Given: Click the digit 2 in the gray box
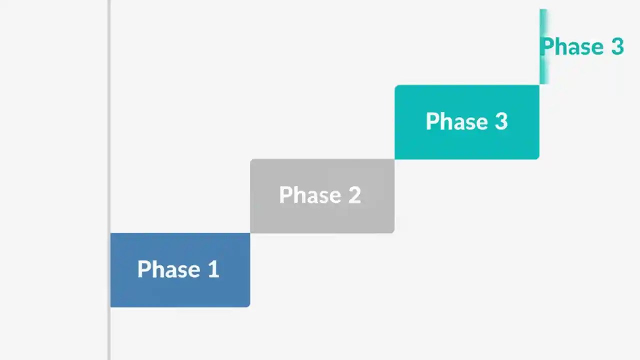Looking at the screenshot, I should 354,195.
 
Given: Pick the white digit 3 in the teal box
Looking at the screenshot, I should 501,121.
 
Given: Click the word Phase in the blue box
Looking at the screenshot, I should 168,269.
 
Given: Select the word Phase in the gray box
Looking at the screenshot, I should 310,195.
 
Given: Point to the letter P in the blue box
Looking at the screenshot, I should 143,269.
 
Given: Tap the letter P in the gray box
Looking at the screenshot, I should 285,195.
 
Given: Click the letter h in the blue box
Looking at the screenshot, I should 156,269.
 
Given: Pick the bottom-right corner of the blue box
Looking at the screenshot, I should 248,305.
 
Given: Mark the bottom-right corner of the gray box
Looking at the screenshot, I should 393,231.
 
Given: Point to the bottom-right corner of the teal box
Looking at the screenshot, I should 537,157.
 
